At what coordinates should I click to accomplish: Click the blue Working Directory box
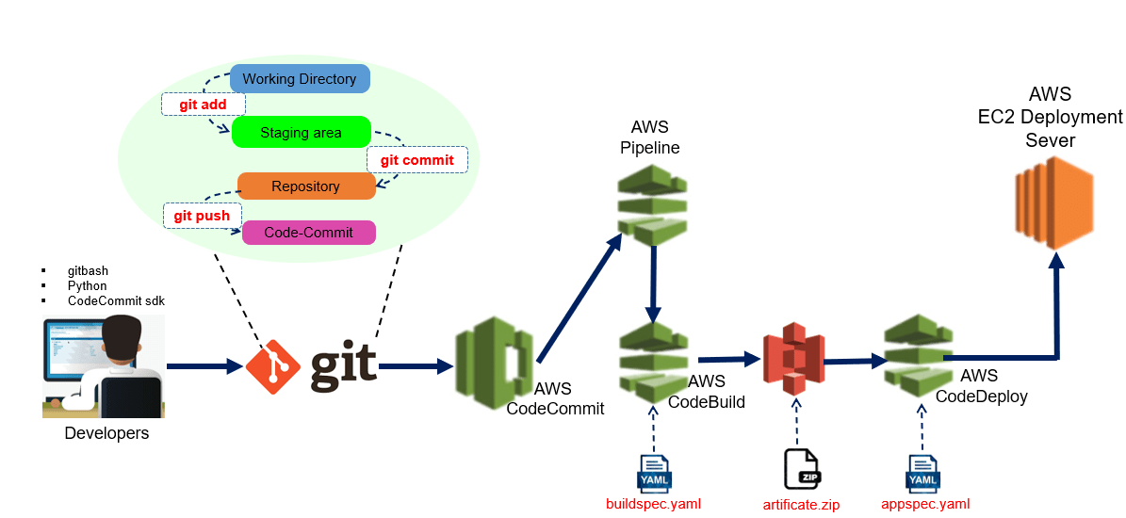(300, 79)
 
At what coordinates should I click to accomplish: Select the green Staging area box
(301, 133)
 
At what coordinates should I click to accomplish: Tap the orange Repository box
(305, 186)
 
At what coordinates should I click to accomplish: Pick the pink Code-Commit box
(309, 233)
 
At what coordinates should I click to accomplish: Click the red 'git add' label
(203, 104)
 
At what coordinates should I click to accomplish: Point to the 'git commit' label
(416, 160)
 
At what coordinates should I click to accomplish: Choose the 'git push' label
(202, 216)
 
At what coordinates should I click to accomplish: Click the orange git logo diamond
(273, 366)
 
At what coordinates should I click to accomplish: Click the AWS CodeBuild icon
(653, 363)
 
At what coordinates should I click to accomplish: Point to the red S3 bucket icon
(792, 360)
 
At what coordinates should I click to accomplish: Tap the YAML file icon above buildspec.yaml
(654, 474)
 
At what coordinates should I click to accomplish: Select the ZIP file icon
(802, 469)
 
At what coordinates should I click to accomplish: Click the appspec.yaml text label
(924, 504)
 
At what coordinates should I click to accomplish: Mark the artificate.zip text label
(801, 505)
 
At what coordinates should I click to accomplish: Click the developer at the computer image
(104, 367)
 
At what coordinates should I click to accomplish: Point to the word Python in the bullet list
(87, 285)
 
